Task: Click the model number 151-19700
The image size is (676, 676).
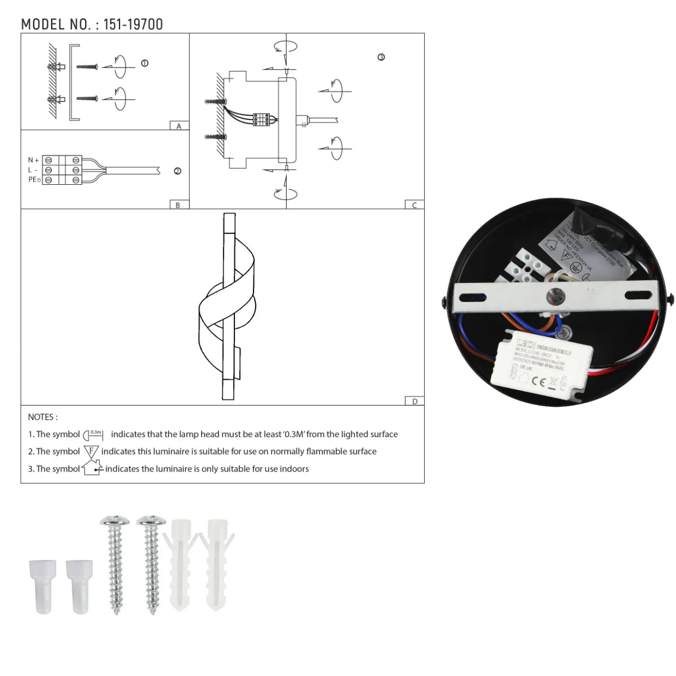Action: point(133,24)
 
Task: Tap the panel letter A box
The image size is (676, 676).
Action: point(179,126)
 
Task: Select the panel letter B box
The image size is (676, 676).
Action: point(178,205)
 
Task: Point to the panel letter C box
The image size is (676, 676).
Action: point(415,205)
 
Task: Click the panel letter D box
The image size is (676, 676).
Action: point(415,401)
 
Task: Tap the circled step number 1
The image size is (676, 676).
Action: point(145,64)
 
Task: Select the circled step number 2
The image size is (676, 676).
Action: point(177,171)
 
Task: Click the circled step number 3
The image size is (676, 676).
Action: point(381,57)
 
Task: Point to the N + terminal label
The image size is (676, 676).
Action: point(33,161)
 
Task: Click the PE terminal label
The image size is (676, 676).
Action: point(34,180)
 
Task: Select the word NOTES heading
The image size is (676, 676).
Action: point(42,417)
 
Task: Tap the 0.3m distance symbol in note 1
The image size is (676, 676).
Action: point(94,435)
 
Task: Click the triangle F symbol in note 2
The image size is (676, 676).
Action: point(91,451)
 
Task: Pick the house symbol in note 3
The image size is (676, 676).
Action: point(92,468)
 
